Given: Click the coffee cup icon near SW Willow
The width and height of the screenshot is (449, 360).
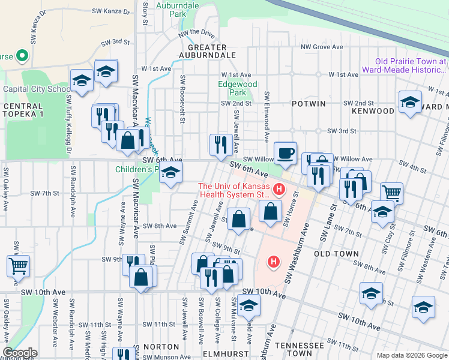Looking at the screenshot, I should (x=285, y=152).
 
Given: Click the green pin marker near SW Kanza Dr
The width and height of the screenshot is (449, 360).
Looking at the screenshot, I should (x=23, y=56).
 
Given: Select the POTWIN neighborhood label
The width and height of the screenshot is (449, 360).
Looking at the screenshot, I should (x=309, y=104).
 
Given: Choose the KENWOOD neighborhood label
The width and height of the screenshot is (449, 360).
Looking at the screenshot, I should (x=373, y=111).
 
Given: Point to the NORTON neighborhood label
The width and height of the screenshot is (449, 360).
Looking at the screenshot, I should (x=161, y=347).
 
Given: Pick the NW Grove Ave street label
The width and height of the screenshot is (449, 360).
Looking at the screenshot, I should (x=322, y=46).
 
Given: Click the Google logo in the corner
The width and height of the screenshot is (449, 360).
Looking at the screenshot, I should (x=20, y=353).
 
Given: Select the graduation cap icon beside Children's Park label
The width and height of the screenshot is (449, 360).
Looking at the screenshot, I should (x=171, y=175).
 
